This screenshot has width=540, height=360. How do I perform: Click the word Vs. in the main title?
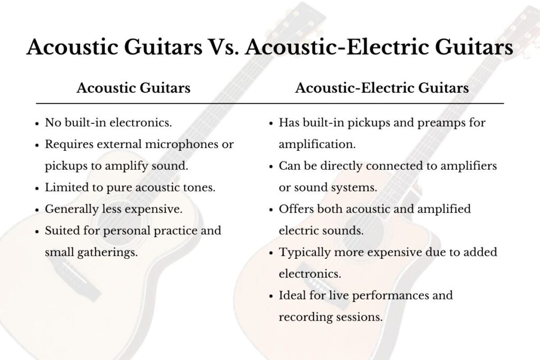[224, 46]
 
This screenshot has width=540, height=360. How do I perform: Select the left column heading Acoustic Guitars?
[133, 88]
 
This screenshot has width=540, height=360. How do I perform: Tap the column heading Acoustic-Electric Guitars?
[382, 88]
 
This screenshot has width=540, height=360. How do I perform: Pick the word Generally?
[67, 209]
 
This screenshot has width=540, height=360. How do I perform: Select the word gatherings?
[108, 252]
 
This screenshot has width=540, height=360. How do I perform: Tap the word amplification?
[317, 144]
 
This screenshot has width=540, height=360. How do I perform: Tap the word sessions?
[359, 317]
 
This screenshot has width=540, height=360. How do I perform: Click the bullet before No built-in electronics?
[37, 123]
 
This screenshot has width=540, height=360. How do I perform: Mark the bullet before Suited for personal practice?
[37, 231]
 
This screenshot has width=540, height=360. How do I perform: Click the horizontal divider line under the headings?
[269, 103]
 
